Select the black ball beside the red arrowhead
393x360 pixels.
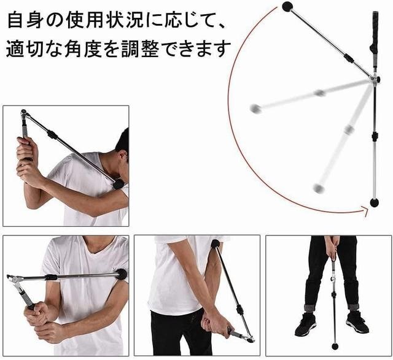(374, 202)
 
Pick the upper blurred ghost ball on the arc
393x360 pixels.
(255, 109)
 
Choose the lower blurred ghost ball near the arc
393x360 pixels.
(318, 188)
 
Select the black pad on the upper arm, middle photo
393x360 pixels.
(216, 245)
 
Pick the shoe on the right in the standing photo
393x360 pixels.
(357, 321)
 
